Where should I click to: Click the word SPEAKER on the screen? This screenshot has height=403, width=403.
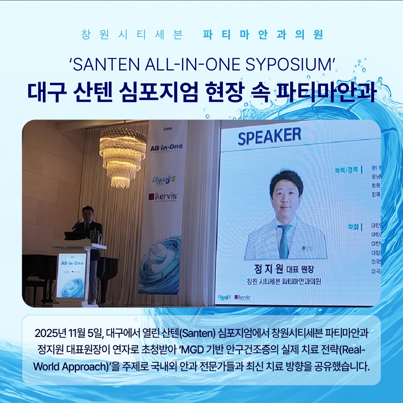coord(269,136)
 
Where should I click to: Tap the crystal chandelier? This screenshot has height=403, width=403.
coord(123,155)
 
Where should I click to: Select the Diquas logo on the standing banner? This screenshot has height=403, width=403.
coord(164,180)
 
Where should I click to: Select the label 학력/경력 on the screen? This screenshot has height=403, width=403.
coord(346,170)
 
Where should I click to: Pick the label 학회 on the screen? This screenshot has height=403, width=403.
coord(353,227)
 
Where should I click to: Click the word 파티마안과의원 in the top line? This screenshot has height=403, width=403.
coord(263,35)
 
